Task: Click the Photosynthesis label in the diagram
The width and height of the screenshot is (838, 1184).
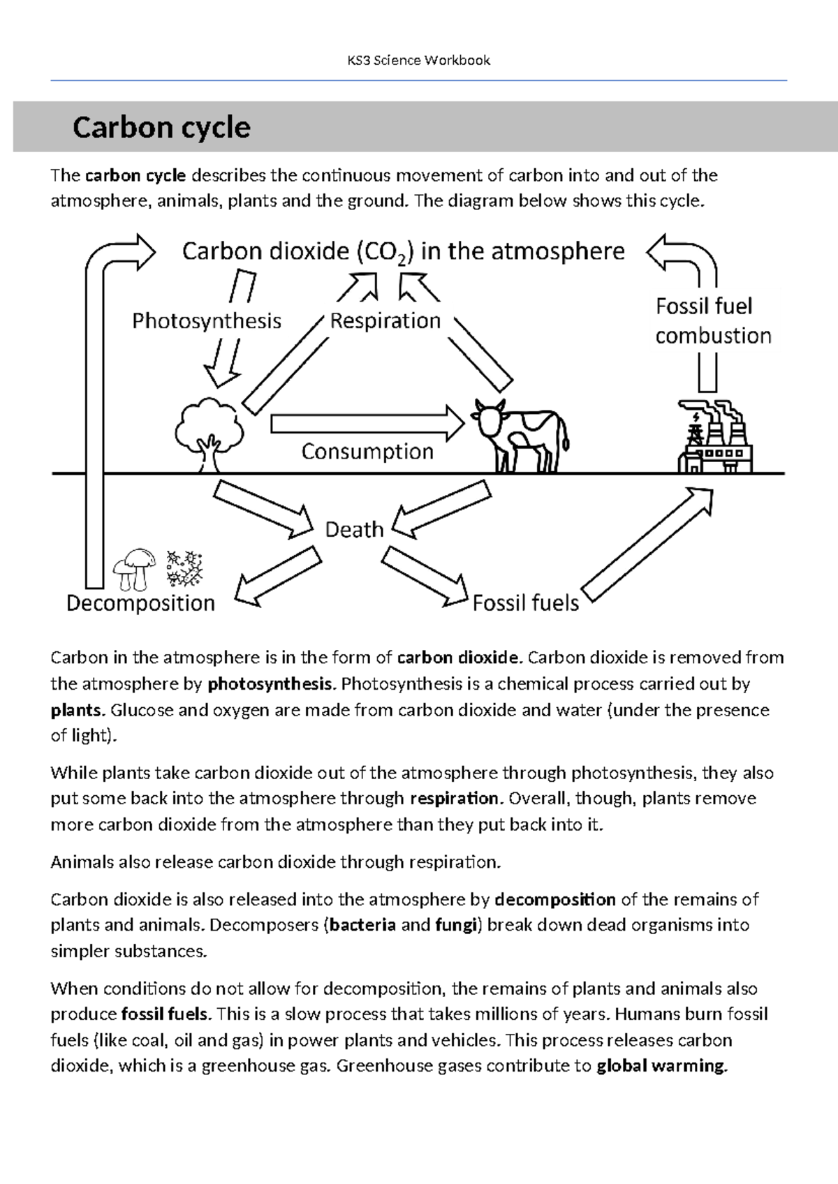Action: [x=207, y=321]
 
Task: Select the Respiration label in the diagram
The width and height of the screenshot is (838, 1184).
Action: [x=385, y=321]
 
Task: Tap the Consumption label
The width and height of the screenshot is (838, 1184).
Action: [x=367, y=452]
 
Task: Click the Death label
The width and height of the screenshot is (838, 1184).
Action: [x=354, y=530]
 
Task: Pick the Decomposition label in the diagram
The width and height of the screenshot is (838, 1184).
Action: [x=140, y=603]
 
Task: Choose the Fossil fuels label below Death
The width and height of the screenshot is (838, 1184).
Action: [x=526, y=603]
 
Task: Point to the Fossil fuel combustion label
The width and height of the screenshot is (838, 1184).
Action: [x=712, y=321]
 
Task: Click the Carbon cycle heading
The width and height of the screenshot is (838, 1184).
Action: [x=161, y=128]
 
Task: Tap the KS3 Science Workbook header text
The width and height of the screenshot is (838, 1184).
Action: [x=419, y=61]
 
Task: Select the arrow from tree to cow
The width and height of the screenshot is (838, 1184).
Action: [x=367, y=423]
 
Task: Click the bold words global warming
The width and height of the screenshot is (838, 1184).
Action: [x=661, y=1066]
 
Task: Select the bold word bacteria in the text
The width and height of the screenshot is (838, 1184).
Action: [x=362, y=925]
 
